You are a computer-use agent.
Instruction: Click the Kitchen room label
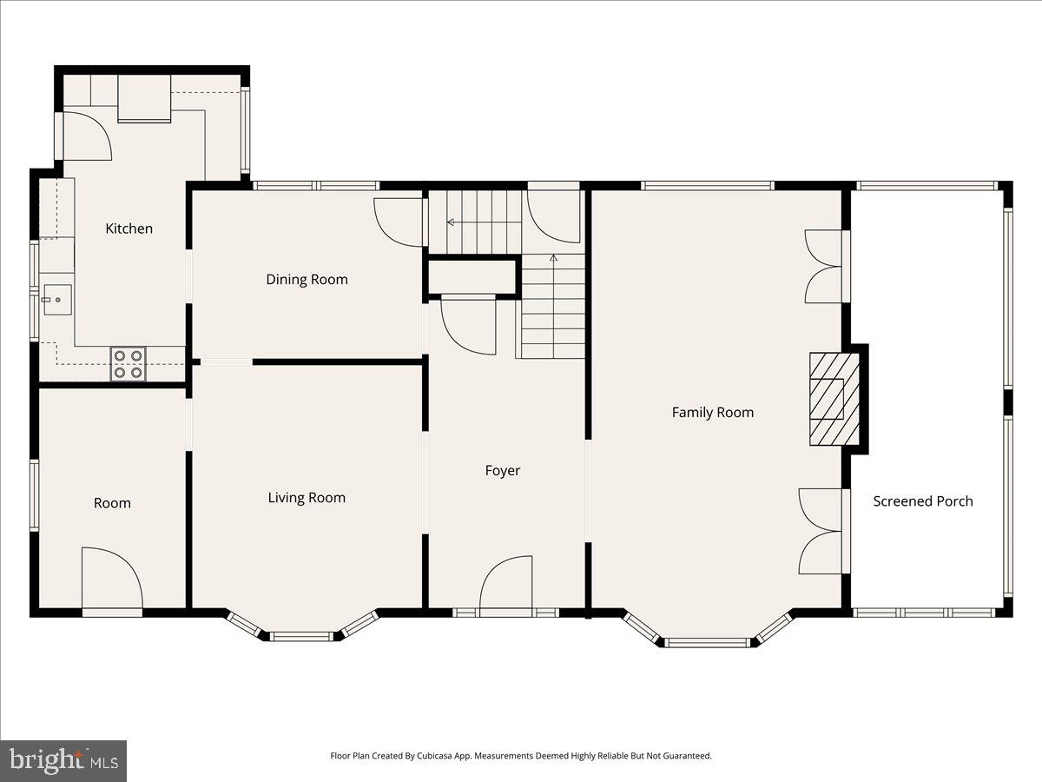pos(129,229)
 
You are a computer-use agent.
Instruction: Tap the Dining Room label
pos(307,279)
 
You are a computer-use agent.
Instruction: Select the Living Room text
pos(307,498)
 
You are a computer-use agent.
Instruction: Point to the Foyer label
pos(502,471)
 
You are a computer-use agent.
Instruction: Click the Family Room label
pos(712,413)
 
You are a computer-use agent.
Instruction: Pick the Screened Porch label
pos(922,501)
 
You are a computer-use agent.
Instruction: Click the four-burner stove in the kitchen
pos(128,363)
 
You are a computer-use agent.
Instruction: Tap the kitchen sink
pos(56,300)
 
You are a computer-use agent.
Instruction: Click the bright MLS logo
pos(63,761)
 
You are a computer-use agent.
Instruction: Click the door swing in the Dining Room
pos(398,222)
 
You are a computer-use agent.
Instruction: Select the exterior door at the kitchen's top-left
pos(85,136)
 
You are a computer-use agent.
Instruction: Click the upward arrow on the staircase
pos(554,258)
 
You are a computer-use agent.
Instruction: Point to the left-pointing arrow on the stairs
pos(451,222)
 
